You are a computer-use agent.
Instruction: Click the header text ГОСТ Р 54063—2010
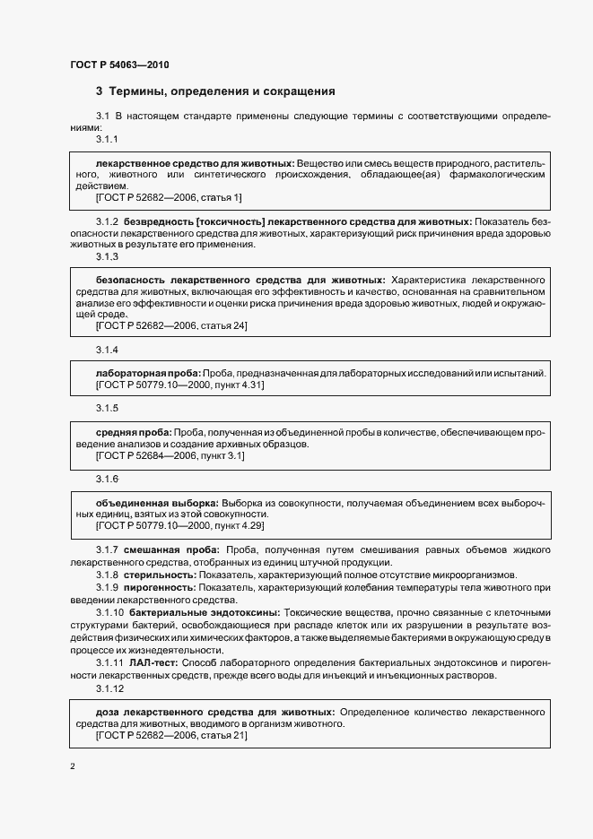pyautogui.click(x=119, y=65)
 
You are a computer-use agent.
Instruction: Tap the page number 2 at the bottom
pyautogui.click(x=73, y=766)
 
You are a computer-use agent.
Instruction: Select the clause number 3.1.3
pyautogui.click(x=108, y=257)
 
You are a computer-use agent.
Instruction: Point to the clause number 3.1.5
pyautogui.click(x=108, y=408)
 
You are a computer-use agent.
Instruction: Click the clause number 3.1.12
pyautogui.click(x=109, y=688)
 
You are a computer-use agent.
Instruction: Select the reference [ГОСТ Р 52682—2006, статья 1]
pyautogui.click(x=168, y=196)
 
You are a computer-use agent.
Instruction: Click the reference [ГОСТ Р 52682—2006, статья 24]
pyautogui.click(x=170, y=326)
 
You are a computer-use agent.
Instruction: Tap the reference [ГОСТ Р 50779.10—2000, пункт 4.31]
pyautogui.click(x=179, y=385)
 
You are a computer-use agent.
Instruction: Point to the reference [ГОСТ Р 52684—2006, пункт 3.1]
pyautogui.click(x=170, y=455)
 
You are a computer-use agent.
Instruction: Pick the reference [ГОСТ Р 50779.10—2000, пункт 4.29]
pyautogui.click(x=179, y=525)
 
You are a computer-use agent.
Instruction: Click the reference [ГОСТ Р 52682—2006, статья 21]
pyautogui.click(x=170, y=735)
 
